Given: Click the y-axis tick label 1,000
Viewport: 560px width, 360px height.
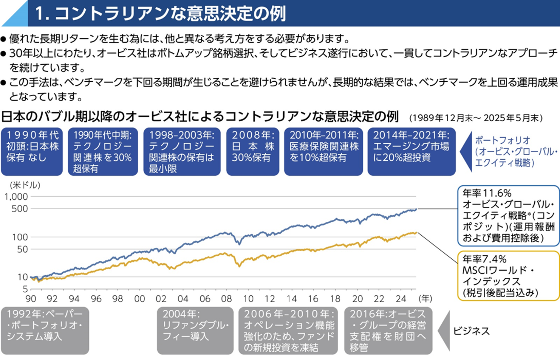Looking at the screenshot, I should point(16,197).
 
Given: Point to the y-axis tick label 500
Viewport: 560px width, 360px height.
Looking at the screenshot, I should point(20,209).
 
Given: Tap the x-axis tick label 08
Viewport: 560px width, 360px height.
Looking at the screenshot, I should point(226,299).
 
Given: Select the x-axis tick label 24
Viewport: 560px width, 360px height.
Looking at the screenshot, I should point(401,299).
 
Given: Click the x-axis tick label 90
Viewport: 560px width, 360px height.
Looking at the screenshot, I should point(31,299).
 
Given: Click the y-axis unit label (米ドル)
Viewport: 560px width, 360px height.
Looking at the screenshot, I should point(25,185).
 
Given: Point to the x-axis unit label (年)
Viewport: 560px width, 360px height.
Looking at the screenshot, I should point(426,298).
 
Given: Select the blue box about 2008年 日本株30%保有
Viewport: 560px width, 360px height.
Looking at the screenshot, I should point(253,152).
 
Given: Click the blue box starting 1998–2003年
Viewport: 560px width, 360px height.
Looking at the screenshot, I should point(182,152).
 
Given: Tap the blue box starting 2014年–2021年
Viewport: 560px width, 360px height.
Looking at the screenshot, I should point(412,152).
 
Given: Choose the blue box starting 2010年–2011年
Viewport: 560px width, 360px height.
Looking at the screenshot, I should point(324,152).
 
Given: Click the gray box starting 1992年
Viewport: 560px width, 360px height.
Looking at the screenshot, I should point(45,330).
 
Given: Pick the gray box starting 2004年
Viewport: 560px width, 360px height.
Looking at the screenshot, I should point(195,330).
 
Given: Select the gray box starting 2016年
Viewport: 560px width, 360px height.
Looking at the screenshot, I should point(388,330).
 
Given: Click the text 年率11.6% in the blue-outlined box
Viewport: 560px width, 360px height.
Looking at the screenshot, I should point(487,193).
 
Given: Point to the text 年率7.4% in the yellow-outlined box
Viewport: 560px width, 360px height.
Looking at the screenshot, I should point(484,259).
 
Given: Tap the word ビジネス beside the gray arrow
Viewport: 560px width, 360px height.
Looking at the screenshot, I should point(471,331).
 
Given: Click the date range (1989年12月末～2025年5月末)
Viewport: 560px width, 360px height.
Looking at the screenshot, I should point(476,118).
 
